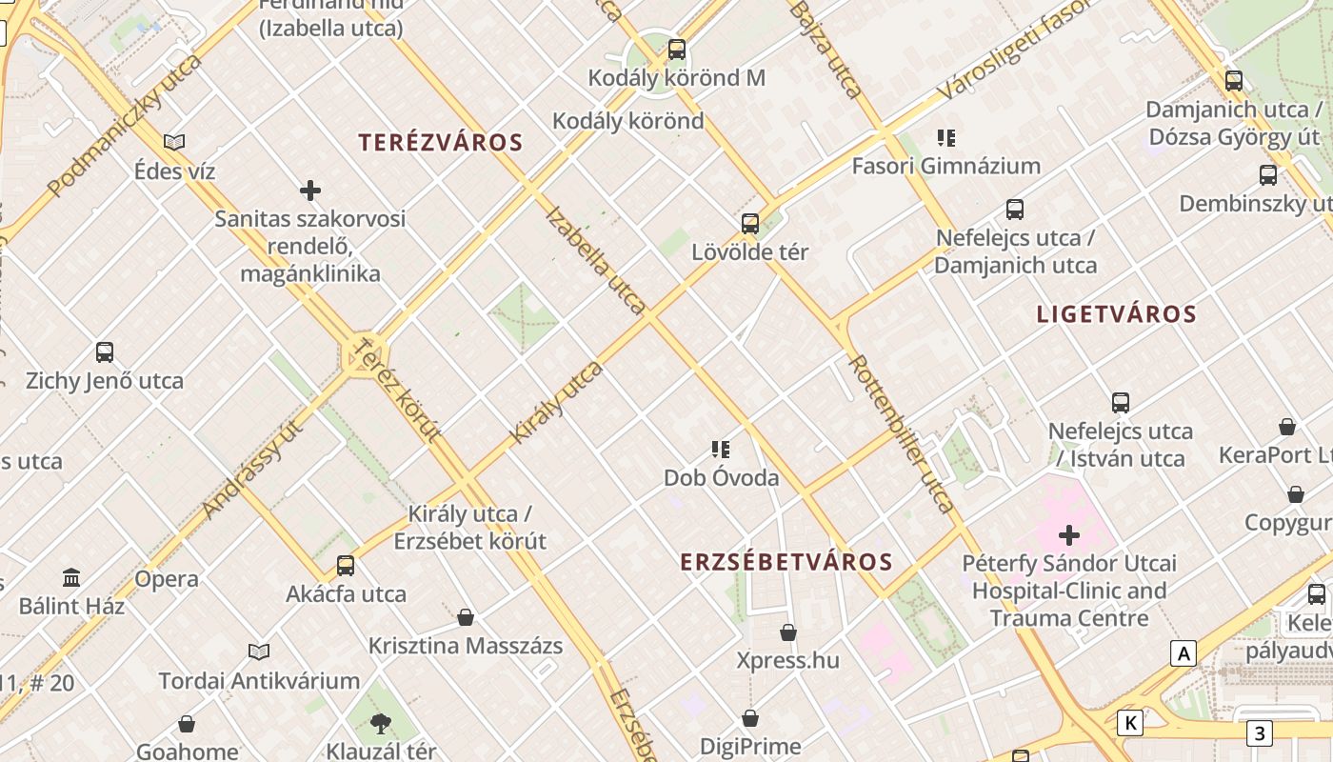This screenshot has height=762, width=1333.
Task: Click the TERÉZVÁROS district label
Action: click(x=441, y=143)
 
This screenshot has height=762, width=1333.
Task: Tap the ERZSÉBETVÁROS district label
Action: click(x=786, y=562)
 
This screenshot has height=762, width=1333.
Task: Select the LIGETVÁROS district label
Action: click(x=1116, y=314)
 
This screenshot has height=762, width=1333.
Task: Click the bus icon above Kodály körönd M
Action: click(x=677, y=50)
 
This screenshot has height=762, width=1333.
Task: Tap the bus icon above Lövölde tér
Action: click(x=750, y=224)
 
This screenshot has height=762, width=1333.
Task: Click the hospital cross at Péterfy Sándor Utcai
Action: click(x=1069, y=535)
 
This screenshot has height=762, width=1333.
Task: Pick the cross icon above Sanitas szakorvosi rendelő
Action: click(x=310, y=190)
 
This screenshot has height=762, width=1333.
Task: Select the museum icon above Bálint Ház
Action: click(x=71, y=577)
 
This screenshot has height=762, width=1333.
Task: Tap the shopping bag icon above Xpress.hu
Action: click(x=788, y=632)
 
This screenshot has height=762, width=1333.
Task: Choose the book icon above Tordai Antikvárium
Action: click(x=259, y=652)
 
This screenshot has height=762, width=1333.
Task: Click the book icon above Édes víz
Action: click(x=174, y=143)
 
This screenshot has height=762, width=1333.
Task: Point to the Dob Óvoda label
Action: click(x=722, y=477)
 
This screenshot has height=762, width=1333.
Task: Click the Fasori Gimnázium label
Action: click(x=945, y=166)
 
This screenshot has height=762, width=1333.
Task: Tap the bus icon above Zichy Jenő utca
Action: click(x=105, y=352)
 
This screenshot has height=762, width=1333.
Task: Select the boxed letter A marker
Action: click(x=1184, y=654)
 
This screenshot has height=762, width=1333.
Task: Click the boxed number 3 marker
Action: click(x=1259, y=733)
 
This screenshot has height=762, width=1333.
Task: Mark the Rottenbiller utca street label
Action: click(x=900, y=433)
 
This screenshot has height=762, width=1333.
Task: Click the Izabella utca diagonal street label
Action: click(x=596, y=259)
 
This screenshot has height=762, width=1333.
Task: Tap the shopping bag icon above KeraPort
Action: click(x=1287, y=427)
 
